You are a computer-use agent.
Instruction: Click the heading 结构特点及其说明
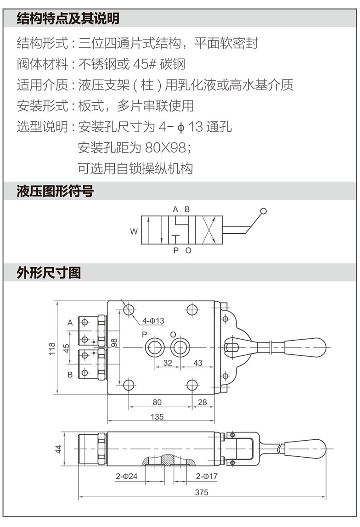pyautogui.click(x=67, y=18)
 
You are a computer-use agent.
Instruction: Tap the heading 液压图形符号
pyautogui.click(x=55, y=191)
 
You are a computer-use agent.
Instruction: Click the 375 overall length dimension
pyautogui.click(x=201, y=493)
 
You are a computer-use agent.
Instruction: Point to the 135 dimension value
pyautogui.click(x=157, y=417)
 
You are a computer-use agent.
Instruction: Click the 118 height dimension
pyautogui.click(x=52, y=348)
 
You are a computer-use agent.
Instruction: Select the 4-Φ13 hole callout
pyautogui.click(x=153, y=320)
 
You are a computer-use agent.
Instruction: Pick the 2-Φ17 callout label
pyautogui.click(x=207, y=477)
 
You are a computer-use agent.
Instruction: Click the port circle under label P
pyautogui.click(x=154, y=348)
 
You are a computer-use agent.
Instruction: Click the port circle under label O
pyautogui.click(x=180, y=348)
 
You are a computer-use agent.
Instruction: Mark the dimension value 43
pyautogui.click(x=197, y=363)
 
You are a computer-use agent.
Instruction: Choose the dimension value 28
pyautogui.click(x=202, y=402)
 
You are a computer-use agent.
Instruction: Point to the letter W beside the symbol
pyautogui.click(x=134, y=232)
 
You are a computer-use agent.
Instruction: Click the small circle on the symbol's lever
pyautogui.click(x=263, y=212)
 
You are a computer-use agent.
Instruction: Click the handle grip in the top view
pyautogui.click(x=305, y=345)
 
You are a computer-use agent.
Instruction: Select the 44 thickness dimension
pyautogui.click(x=58, y=449)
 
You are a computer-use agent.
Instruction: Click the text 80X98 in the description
pyautogui.click(x=164, y=148)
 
